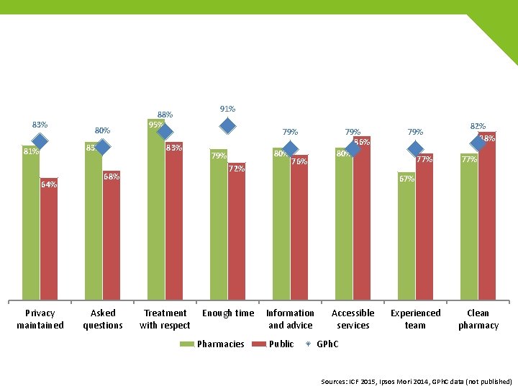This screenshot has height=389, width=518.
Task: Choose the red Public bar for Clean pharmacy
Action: tap(487, 216)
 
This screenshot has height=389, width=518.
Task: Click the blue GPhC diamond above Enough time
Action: tap(227, 126)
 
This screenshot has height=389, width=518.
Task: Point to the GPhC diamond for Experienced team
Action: tap(415, 149)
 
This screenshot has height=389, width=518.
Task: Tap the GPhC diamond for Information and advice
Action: tap(290, 149)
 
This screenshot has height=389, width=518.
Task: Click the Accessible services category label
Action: tap(353, 319)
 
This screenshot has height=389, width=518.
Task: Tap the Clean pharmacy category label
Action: tap(478, 319)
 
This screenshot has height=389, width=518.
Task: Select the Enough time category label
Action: tap(228, 313)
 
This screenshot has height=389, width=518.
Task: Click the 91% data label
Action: tap(227, 109)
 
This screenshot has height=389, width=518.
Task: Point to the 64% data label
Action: tap(49, 184)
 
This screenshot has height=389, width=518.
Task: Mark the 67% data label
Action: tap(406, 179)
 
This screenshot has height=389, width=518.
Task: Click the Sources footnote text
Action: tap(417, 381)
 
